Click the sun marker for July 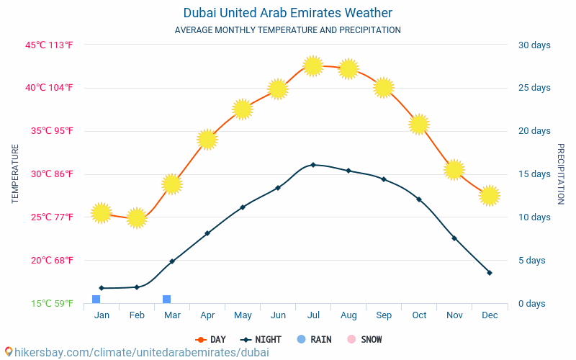coord(312,66)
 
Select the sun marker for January coord(102,212)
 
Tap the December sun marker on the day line coord(490,195)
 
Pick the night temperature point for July coord(312,165)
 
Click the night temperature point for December coord(490,273)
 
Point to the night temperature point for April coord(207,233)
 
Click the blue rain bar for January coord(96,300)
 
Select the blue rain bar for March coord(166,300)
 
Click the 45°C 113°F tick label coord(50,45)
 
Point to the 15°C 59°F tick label coord(52,304)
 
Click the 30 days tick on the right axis coord(534,45)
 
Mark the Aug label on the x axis coord(348,315)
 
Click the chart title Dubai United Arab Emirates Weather coord(288,13)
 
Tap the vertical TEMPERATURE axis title coord(15,174)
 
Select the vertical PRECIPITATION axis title coord(561,174)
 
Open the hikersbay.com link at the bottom coord(137,353)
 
